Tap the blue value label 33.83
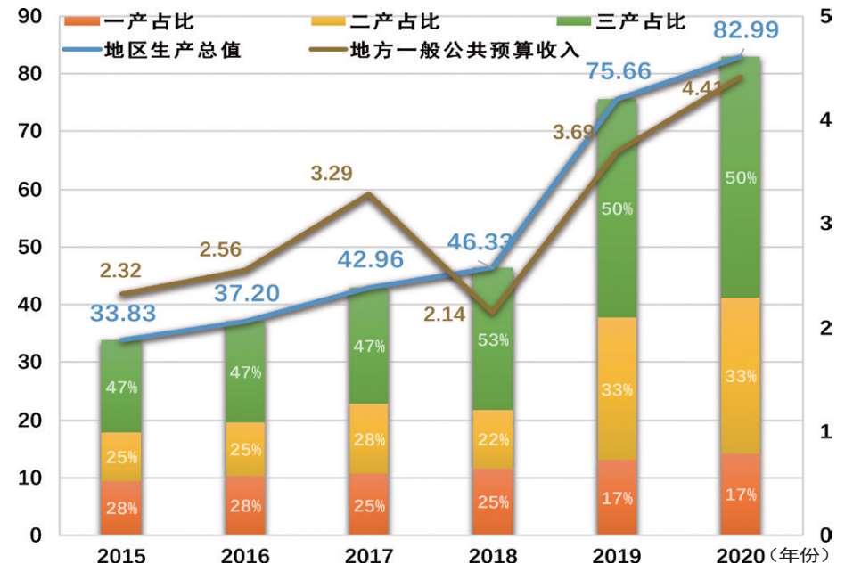pos(123,314)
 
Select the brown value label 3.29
pos(332,173)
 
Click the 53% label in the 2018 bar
pos(493,339)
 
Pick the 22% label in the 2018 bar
pos(493,439)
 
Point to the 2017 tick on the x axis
pos(369,557)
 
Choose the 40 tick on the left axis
pos(29,305)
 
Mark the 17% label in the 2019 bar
pos(617,497)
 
